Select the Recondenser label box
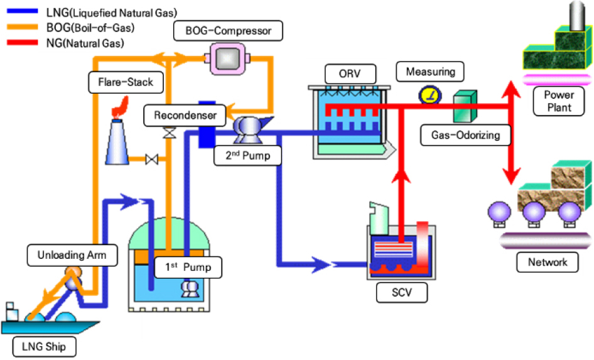181,116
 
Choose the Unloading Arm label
67,255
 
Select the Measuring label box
430,72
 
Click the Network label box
548,261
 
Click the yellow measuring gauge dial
429,95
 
